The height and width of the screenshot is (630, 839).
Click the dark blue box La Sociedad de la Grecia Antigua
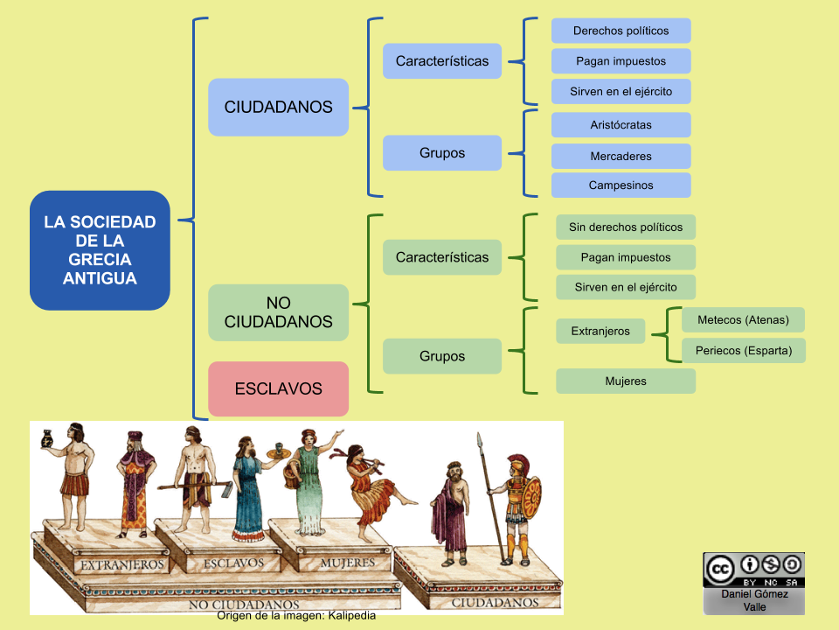coord(100,250)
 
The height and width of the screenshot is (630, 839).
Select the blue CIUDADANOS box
coord(278,107)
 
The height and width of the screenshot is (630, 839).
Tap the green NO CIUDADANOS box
coord(278,312)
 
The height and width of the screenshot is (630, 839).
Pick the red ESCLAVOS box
coord(278,388)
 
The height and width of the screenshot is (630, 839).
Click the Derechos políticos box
coord(621,31)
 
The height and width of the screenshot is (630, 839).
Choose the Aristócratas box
coord(621,125)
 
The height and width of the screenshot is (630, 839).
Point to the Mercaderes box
coord(621,157)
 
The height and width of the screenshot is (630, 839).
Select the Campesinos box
coord(621,185)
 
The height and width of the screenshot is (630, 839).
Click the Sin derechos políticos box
coord(626,227)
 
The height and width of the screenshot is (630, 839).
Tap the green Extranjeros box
coord(600,332)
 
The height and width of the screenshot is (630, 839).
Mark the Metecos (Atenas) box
coord(743,319)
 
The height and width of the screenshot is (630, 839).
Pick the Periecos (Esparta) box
coord(743,351)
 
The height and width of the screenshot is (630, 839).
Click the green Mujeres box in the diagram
coord(626,381)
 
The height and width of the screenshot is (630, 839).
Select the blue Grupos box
coord(442,153)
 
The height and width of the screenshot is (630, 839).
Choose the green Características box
coord(442,257)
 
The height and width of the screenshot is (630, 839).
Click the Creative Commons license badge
coord(753,570)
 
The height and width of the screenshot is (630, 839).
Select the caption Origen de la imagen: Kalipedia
coord(297,616)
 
